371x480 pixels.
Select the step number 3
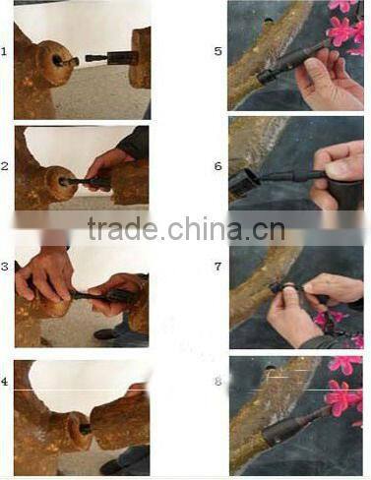(x=6, y=266)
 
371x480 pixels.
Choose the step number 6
(x=217, y=166)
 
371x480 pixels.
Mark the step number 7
(x=217, y=267)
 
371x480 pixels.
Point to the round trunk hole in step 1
(x=63, y=62)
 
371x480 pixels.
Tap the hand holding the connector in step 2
(x=106, y=165)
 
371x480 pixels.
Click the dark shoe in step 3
(x=104, y=334)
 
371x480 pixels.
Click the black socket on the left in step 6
(x=244, y=180)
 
